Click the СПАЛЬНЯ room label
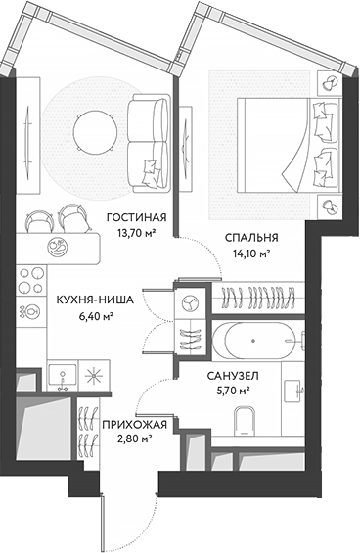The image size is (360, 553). tap(251, 237)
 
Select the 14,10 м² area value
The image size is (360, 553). tap(251, 253)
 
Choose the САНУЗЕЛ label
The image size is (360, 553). tap(232, 375)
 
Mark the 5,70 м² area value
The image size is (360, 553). tap(232, 391)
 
